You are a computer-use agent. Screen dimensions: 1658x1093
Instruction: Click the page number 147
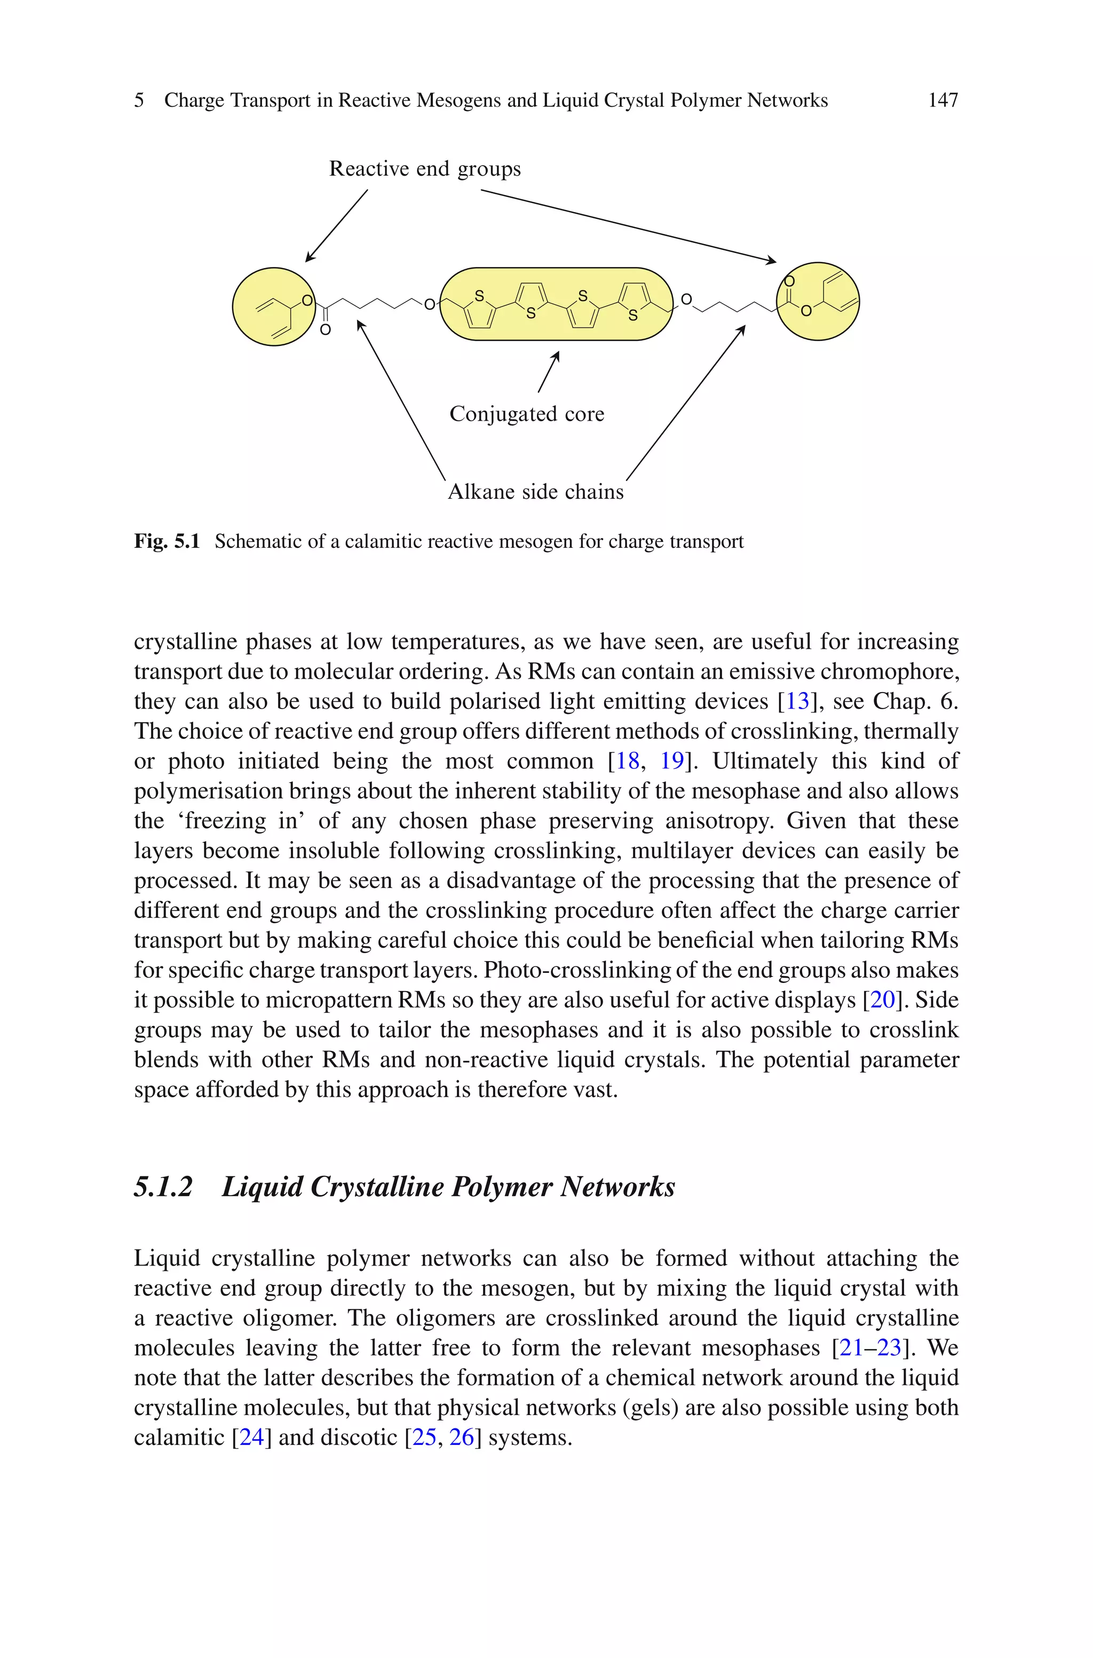click(x=942, y=100)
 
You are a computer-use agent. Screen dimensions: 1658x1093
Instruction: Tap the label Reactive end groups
click(x=424, y=169)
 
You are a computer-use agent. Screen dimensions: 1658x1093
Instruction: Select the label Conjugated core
click(x=526, y=414)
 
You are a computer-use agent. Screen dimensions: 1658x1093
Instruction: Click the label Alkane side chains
click(x=535, y=492)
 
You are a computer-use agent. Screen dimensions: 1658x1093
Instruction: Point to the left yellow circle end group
click(x=273, y=307)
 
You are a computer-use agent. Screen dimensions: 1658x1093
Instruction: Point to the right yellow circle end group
click(x=818, y=301)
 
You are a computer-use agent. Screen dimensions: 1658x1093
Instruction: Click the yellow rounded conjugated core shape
click(x=556, y=304)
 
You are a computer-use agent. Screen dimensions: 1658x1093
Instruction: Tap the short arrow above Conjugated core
click(x=549, y=372)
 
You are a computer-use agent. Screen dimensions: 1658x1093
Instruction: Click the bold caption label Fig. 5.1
click(x=167, y=542)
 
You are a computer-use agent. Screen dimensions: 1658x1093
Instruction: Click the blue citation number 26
click(x=462, y=1437)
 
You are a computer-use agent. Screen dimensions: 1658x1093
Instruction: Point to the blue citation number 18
click(x=628, y=761)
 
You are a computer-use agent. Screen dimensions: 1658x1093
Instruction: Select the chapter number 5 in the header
click(x=139, y=100)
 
